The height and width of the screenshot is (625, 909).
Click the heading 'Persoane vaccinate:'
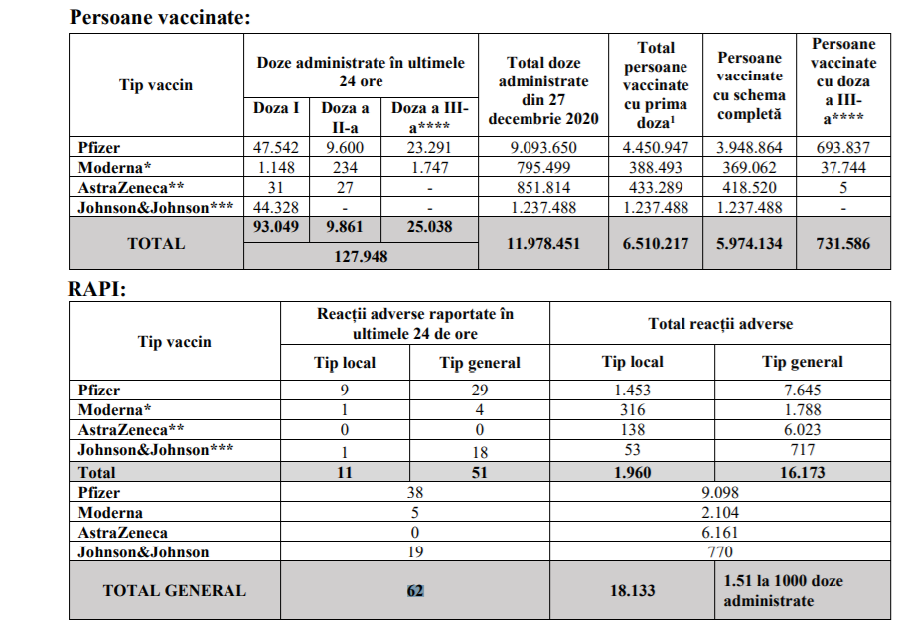click(160, 17)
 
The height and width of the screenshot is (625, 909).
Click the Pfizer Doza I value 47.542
click(275, 148)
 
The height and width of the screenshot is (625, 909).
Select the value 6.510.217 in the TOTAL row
click(656, 243)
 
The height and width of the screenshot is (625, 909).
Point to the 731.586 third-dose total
click(842, 243)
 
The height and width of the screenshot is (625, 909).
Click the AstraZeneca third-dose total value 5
click(842, 187)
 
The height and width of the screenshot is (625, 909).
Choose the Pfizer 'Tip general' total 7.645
click(803, 391)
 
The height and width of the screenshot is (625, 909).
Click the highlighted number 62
click(415, 590)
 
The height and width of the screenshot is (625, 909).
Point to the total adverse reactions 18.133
click(631, 590)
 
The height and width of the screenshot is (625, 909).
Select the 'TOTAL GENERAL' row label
click(174, 590)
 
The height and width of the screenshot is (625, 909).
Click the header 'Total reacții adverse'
click(720, 324)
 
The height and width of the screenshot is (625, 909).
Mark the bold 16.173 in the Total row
click(803, 472)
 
